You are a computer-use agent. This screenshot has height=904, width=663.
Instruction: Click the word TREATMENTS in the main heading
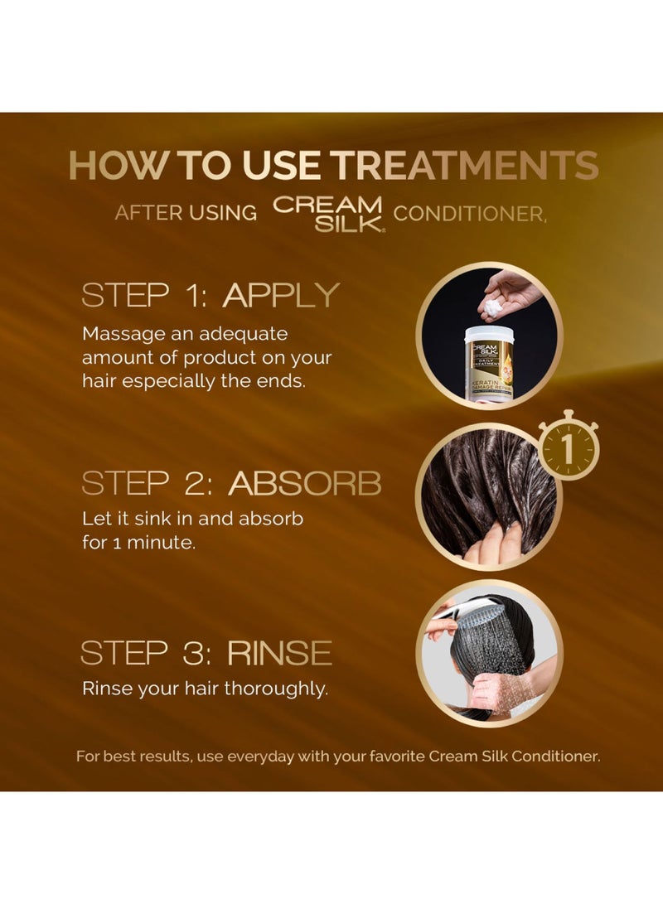click(467, 166)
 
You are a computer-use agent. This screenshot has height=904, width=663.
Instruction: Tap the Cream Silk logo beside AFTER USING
click(328, 213)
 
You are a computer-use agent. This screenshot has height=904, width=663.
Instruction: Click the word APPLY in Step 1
click(281, 295)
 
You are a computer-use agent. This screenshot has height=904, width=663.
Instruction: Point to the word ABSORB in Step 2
click(305, 483)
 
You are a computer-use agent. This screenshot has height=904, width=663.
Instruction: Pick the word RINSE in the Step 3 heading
click(279, 653)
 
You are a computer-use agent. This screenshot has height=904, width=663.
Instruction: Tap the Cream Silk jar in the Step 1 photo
click(488, 363)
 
